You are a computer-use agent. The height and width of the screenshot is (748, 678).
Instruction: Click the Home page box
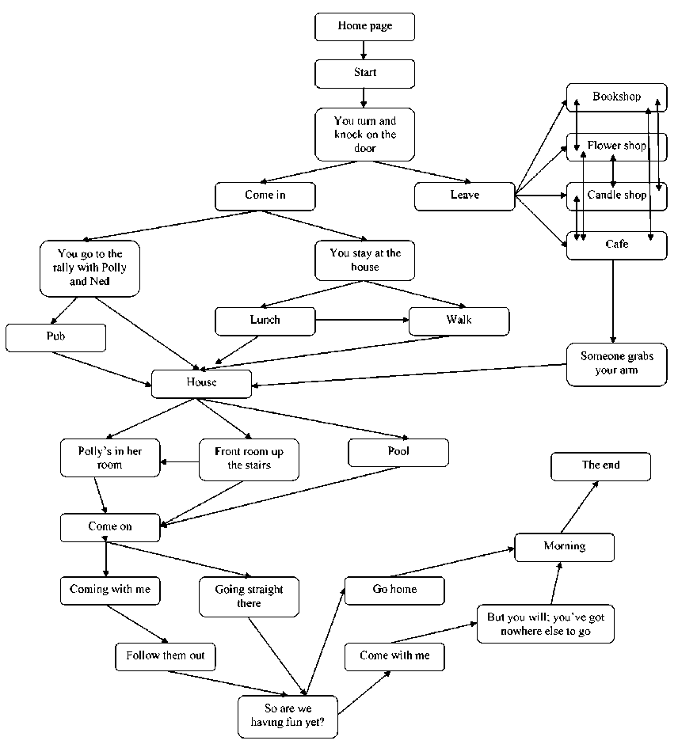pyautogui.click(x=364, y=26)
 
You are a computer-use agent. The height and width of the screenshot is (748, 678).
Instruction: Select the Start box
pyautogui.click(x=364, y=73)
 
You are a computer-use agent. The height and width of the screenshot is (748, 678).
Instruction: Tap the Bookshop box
pyautogui.click(x=616, y=97)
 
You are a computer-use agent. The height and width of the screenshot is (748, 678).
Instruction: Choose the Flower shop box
pyautogui.click(x=616, y=146)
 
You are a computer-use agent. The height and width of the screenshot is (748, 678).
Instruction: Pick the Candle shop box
pyautogui.click(x=616, y=195)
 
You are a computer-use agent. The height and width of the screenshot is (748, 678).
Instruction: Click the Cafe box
pyautogui.click(x=616, y=245)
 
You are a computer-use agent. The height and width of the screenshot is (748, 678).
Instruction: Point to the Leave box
pyautogui.click(x=464, y=196)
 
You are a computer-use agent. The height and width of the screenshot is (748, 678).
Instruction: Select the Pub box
pyautogui.click(x=55, y=336)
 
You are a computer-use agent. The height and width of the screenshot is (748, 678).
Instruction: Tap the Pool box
pyautogui.click(x=398, y=452)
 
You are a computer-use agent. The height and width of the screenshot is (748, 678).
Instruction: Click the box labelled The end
pyautogui.click(x=600, y=465)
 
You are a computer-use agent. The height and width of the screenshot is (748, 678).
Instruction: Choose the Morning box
pyautogui.click(x=564, y=546)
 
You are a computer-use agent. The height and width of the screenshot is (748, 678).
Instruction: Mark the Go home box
pyautogui.click(x=394, y=590)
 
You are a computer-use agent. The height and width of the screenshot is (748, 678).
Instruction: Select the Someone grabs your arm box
pyautogui.click(x=616, y=363)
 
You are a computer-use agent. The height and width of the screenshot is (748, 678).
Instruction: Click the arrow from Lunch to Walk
pyautogui.click(x=362, y=320)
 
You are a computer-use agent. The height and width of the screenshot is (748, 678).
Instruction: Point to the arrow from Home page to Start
pyautogui.click(x=364, y=50)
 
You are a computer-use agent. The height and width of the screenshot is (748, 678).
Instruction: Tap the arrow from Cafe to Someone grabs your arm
pyautogui.click(x=612, y=301)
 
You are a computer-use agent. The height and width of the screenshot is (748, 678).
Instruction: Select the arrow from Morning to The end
pyautogui.click(x=580, y=507)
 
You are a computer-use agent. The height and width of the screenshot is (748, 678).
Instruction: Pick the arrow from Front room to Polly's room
pyautogui.click(x=180, y=462)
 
